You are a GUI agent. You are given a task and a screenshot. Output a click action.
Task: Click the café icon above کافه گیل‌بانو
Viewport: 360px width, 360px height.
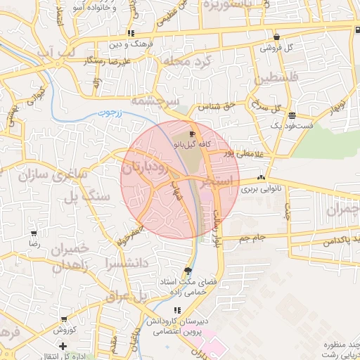[193, 134]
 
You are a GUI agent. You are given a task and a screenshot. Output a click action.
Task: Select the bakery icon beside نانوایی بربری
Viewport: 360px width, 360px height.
[262, 178]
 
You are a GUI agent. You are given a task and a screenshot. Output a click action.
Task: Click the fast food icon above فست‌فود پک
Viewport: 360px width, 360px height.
[292, 116]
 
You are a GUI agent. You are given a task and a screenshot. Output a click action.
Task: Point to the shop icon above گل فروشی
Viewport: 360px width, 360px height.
[277, 37]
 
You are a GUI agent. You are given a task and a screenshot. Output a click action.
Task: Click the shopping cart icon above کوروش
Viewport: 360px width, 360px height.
[64, 319]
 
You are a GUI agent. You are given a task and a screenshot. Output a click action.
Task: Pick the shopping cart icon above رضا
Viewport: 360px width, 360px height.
[33, 233]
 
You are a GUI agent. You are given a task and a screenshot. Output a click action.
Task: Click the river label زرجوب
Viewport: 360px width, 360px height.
[109, 112]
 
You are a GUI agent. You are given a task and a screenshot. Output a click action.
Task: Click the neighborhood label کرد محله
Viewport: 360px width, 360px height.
[186, 62]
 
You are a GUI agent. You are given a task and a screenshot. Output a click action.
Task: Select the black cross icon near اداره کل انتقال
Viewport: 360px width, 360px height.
[63, 346]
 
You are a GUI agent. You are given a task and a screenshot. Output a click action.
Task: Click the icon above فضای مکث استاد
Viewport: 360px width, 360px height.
[188, 271]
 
